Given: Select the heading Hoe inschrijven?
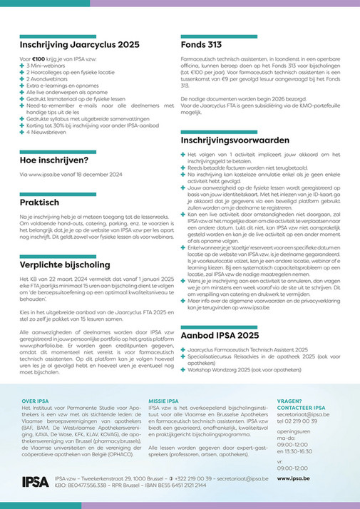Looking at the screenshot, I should (x=53, y=160).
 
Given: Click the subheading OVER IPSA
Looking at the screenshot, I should (x=36, y=401).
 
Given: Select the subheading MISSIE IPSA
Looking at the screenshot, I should (x=165, y=401).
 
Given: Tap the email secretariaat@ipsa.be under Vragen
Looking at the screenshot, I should (x=302, y=413).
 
